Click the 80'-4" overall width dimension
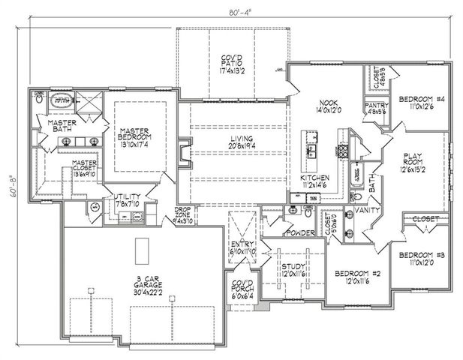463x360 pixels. pos(232,10)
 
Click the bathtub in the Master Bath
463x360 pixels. pos(61,99)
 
